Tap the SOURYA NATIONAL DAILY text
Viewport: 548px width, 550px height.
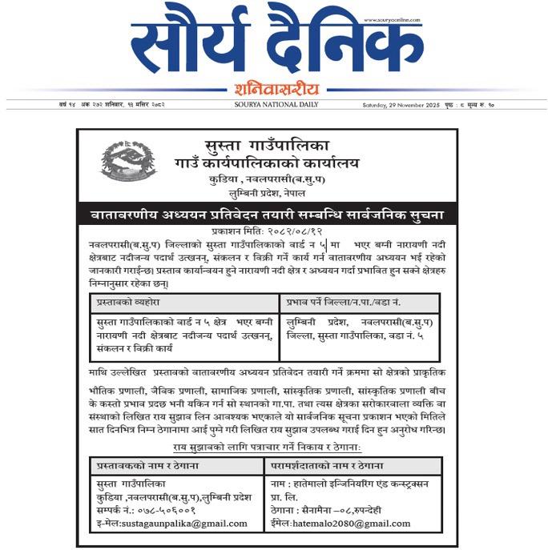pos(276,104)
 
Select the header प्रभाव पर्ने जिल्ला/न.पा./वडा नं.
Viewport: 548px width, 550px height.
pos(345,303)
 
